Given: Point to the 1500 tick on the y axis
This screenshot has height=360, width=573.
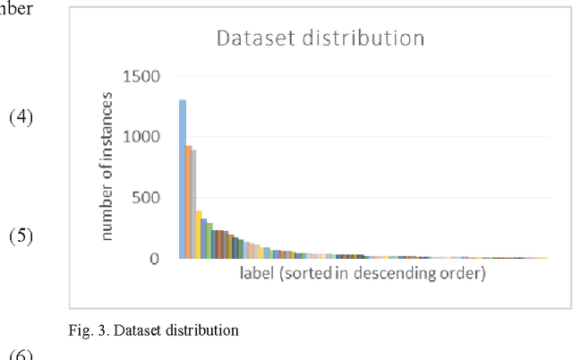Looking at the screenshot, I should pos(142,77).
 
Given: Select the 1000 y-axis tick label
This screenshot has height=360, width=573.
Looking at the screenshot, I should pos(142,137).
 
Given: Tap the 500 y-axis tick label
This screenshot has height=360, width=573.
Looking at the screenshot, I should pos(148,198).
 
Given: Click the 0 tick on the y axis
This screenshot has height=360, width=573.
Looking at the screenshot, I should pos(156,259).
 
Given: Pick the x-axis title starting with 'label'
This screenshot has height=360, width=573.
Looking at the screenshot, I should pos(363,273).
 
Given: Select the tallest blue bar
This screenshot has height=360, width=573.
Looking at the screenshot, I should pos(183,179).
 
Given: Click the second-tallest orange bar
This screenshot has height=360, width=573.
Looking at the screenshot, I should pos(189,201).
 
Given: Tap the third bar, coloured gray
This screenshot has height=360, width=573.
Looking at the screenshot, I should pos(193,204).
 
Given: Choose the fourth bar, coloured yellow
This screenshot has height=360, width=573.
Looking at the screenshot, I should pos(199,235).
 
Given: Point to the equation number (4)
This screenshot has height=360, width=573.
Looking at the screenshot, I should pos(21,117).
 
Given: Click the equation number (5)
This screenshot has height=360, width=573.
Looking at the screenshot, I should pos(21,237).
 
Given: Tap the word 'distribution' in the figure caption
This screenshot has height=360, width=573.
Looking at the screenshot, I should pos(208,330).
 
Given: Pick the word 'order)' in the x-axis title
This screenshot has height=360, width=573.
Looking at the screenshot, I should pos(466,273).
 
